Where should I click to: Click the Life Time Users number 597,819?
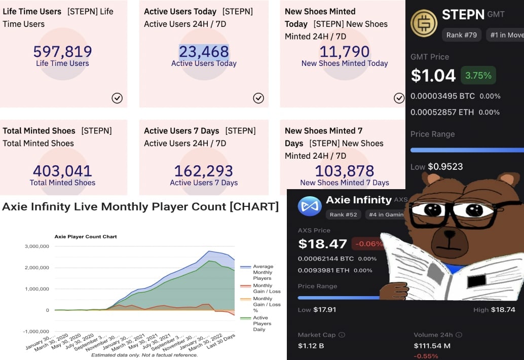pyautogui.click(x=62, y=51)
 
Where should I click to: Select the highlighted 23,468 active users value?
pyautogui.click(x=204, y=51)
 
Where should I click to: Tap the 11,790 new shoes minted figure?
pyautogui.click(x=345, y=51)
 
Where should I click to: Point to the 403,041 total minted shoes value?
pyautogui.click(x=62, y=171)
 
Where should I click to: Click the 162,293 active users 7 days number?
pyautogui.click(x=204, y=171)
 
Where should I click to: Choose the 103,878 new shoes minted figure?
pyautogui.click(x=345, y=171)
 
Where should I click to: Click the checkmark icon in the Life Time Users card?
pyautogui.click(x=117, y=98)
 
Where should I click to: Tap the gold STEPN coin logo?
pyautogui.click(x=424, y=23)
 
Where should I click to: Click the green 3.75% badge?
pyautogui.click(x=478, y=76)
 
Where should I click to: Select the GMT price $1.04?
pyautogui.click(x=433, y=76)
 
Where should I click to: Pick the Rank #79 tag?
pyautogui.click(x=461, y=35)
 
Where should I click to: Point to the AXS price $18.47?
pyautogui.click(x=322, y=244)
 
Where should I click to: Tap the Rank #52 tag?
pyautogui.click(x=344, y=214)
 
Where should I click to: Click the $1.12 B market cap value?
pyautogui.click(x=311, y=346)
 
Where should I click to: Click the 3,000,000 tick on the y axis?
pyautogui.click(x=37, y=246)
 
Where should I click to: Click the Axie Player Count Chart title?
pyautogui.click(x=86, y=237)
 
